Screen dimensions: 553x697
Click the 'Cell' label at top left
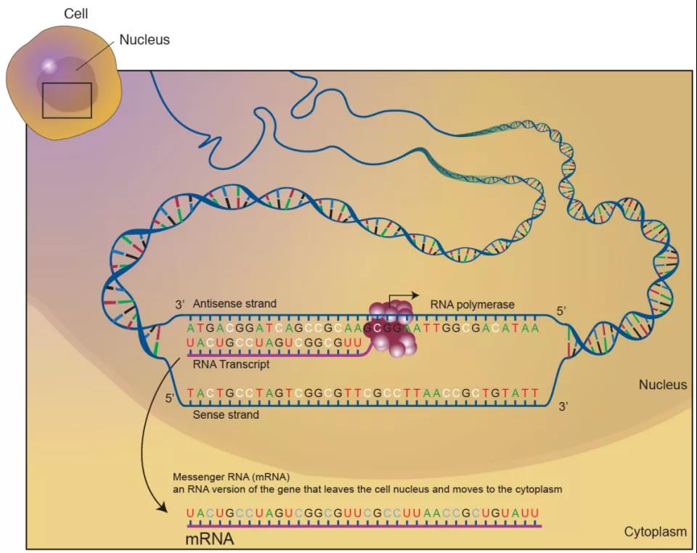coord(77,13)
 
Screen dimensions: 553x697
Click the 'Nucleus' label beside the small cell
coord(144,40)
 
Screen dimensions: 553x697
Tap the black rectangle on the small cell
coord(67,100)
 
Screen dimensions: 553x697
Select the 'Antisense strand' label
coord(235,303)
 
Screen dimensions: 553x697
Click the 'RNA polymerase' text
coord(472,304)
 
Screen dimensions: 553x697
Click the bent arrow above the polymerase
coord(404,298)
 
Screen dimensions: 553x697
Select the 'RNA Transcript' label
coord(232,364)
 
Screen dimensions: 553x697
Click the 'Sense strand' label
coord(226,415)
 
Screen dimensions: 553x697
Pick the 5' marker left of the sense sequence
coord(171,398)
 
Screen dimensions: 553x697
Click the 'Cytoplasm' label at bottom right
coord(655,532)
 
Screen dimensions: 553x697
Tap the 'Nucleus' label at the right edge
coord(662,385)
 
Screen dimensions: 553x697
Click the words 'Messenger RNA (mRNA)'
coord(231,477)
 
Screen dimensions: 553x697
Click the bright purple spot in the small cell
coord(48,66)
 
